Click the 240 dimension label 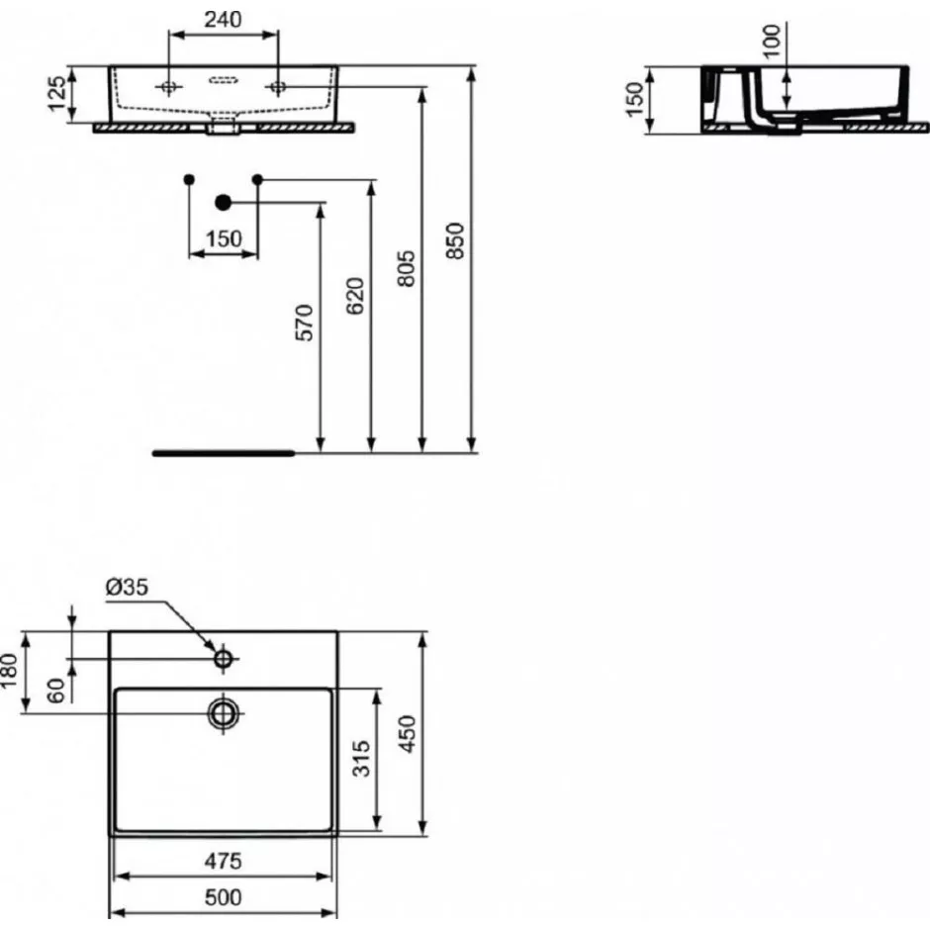[223, 20]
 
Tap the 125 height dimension [57, 94]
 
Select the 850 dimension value [455, 240]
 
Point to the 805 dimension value [406, 269]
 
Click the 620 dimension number [354, 296]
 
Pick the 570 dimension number [304, 323]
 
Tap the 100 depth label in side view [772, 41]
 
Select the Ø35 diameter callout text [127, 587]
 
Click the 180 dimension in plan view [8, 671]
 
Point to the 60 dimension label [55, 691]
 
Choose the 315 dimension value [361, 758]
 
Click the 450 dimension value [407, 734]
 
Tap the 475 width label [223, 861]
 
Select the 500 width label [223, 897]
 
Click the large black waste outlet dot [223, 203]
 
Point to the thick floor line [224, 454]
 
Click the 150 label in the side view [634, 100]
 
